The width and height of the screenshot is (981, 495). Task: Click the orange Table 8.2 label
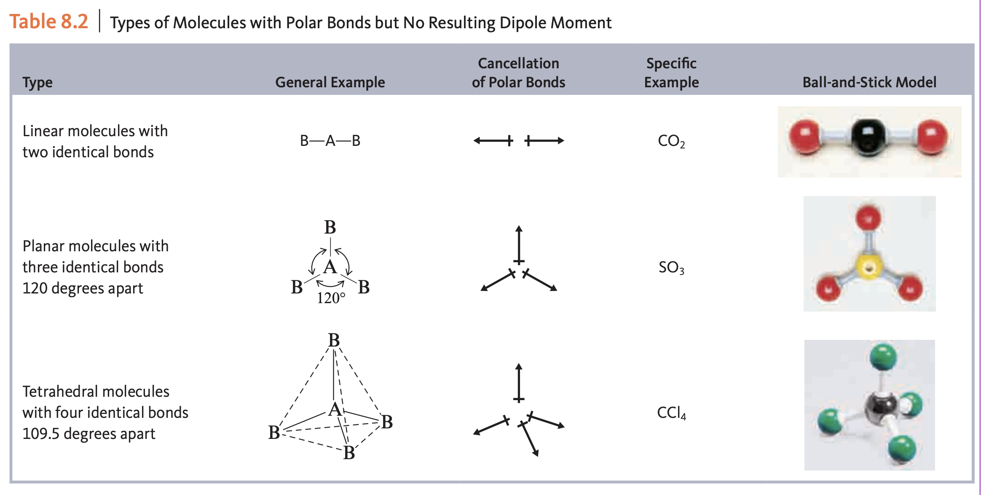click(x=49, y=22)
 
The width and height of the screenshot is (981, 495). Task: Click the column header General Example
click(x=330, y=82)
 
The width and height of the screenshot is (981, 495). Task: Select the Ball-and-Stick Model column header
click(x=869, y=82)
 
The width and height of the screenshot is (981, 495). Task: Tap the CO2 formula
click(x=671, y=141)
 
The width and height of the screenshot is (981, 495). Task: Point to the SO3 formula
click(x=671, y=267)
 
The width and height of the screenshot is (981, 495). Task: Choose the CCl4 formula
click(x=671, y=413)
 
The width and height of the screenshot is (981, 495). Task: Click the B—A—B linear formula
click(x=330, y=141)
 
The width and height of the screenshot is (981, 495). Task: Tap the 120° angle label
click(x=331, y=298)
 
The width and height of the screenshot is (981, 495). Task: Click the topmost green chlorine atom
click(x=883, y=357)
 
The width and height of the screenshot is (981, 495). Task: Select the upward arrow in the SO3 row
click(x=519, y=245)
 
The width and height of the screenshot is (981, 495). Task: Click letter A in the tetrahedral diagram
click(x=335, y=409)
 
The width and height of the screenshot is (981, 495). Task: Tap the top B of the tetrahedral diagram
click(x=334, y=340)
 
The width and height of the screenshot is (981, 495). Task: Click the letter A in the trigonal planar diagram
click(x=330, y=267)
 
